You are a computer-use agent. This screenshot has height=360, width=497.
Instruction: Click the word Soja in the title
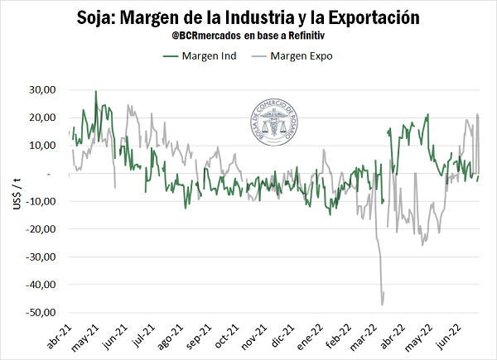tap(100, 17)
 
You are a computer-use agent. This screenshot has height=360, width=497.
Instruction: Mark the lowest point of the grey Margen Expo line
tap(382, 305)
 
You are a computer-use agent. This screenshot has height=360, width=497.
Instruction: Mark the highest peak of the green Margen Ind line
tap(96, 91)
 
